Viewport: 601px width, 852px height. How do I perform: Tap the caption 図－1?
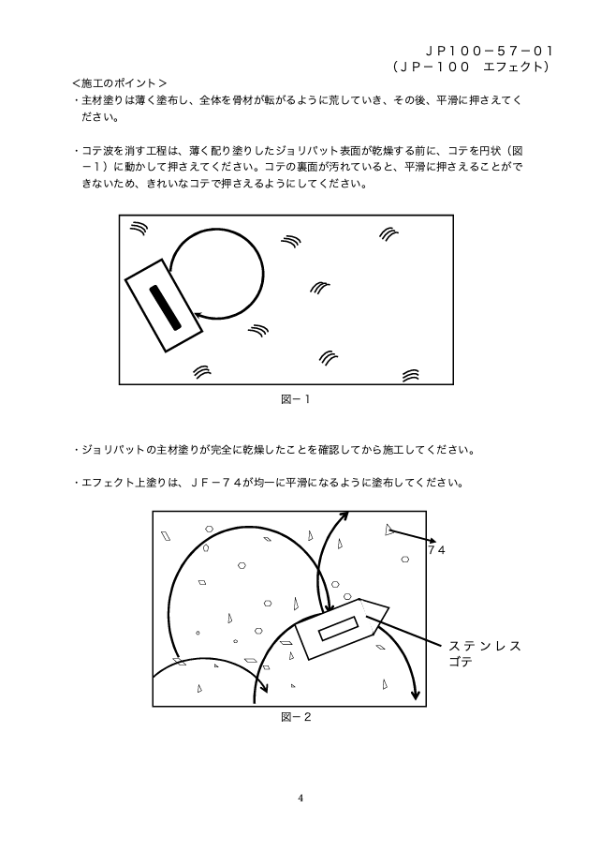295,399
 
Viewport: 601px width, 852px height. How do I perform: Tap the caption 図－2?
295,717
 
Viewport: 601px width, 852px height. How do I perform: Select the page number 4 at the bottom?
300,799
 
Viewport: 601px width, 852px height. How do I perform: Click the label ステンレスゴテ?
484,653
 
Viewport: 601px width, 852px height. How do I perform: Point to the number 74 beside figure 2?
436,550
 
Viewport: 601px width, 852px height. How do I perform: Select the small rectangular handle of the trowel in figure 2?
339,627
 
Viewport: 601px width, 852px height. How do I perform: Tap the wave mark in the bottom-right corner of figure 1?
410,375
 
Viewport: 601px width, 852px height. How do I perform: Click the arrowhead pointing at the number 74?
432,541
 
